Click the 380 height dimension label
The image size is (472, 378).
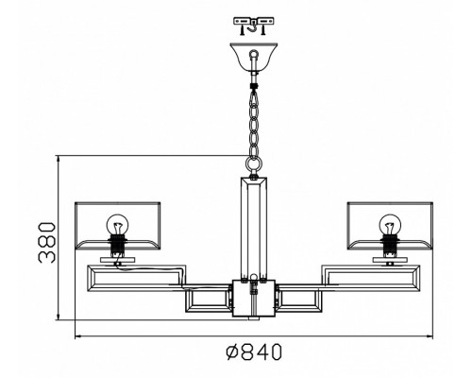click(x=46, y=243)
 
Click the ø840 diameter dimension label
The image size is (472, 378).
click(x=254, y=352)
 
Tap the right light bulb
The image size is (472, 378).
click(x=390, y=224)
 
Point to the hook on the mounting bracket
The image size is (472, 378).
click(x=253, y=27)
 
